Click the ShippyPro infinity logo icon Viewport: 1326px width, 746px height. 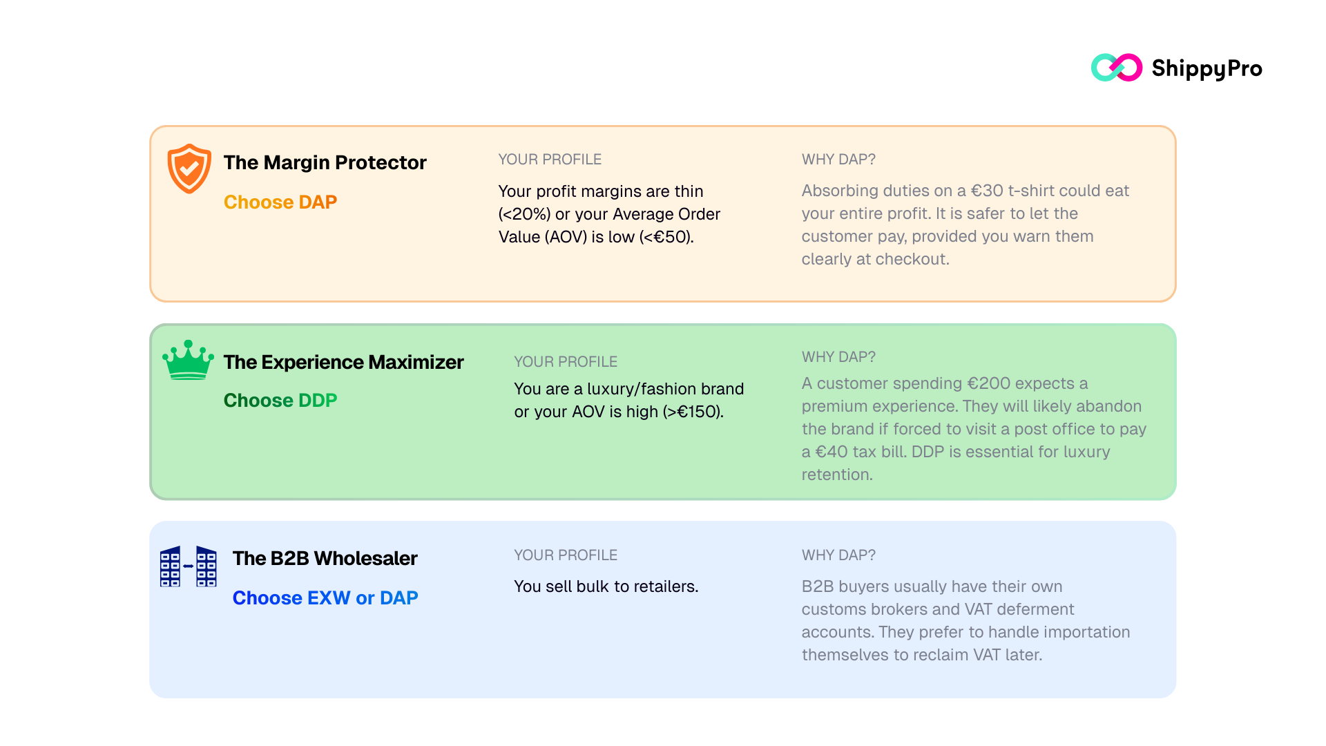[x=1116, y=68]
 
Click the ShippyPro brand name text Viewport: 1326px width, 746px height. [x=1207, y=68]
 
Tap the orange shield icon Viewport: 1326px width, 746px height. [x=189, y=169]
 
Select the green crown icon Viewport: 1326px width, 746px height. [x=188, y=360]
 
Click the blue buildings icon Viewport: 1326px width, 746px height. [x=188, y=566]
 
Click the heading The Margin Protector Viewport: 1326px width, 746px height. [x=325, y=162]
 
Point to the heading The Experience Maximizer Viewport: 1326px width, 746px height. [x=343, y=362]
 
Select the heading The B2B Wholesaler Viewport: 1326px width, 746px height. [x=325, y=558]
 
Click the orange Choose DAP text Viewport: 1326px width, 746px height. [x=280, y=202]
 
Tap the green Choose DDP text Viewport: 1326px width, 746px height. [x=280, y=400]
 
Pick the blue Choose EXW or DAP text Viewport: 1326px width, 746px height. [x=325, y=597]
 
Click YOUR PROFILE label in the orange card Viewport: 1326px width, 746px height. [x=550, y=160]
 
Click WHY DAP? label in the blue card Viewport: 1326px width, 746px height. [x=838, y=555]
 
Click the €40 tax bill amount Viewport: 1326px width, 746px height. [x=832, y=452]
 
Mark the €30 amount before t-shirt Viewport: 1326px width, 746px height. [x=987, y=191]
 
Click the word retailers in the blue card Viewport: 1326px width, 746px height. [x=664, y=586]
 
